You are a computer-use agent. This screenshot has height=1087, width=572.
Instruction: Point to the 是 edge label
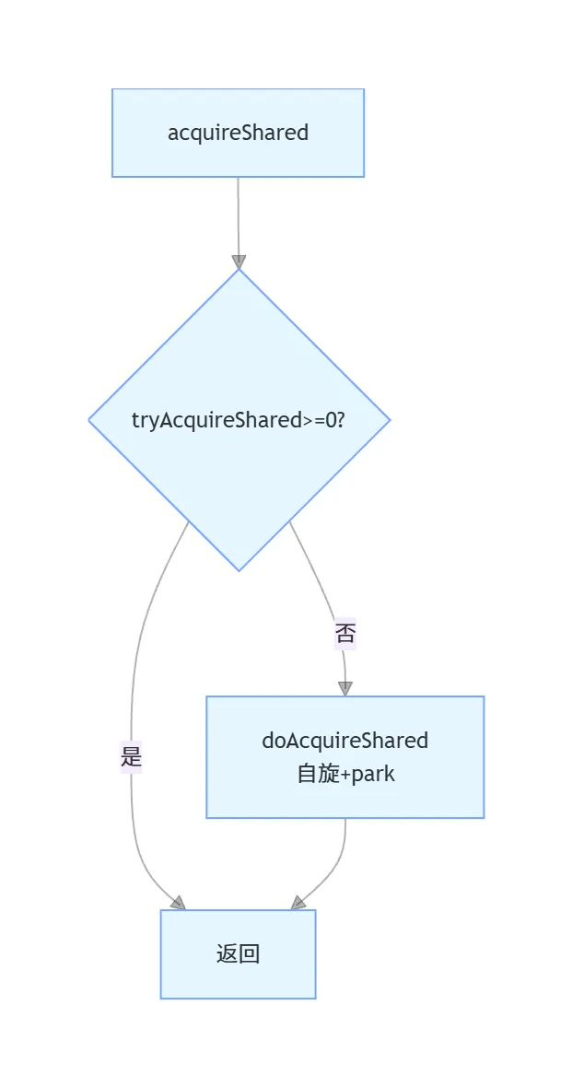point(131,758)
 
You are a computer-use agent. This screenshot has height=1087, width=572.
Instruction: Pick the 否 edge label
point(345,634)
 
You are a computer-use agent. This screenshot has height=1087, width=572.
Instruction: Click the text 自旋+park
point(345,774)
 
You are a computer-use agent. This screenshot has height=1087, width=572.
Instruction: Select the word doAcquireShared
point(345,741)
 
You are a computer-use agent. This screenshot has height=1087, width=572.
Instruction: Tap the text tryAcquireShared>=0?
point(239,420)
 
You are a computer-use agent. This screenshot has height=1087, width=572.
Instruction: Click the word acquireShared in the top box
point(238,133)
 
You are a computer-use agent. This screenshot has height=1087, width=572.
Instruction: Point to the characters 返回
point(238,954)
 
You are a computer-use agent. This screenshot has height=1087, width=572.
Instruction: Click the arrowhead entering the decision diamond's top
point(239,262)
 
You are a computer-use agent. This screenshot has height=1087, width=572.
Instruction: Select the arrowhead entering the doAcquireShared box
point(345,688)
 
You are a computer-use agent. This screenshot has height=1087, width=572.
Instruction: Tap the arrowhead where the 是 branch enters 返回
point(178,903)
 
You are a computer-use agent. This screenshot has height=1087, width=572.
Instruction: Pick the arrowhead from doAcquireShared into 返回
point(298,903)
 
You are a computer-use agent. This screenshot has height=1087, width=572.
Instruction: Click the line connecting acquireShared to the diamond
point(239,216)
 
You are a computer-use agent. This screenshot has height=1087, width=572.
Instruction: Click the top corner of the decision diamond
point(239,270)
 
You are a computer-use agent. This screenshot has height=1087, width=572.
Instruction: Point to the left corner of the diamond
point(89,420)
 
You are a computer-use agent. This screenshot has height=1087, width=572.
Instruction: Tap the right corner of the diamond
point(389,420)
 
